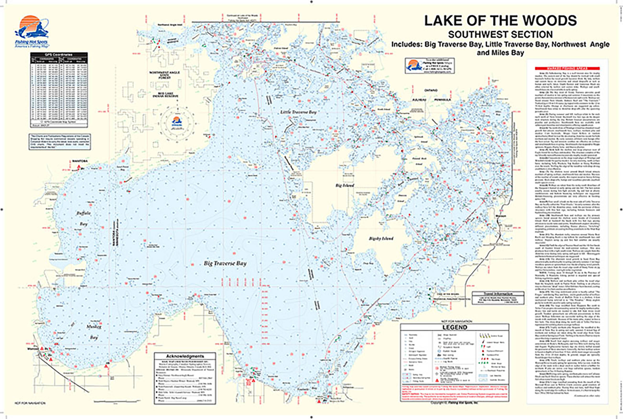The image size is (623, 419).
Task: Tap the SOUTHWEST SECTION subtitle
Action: (500, 35)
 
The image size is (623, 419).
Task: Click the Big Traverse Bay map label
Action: (225, 263)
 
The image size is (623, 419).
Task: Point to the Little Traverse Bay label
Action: (299, 112)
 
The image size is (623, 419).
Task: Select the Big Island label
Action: (345, 185)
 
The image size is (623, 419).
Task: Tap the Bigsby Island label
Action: (381, 238)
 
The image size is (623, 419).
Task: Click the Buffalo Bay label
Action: (84, 218)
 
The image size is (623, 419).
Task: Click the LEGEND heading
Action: (454, 327)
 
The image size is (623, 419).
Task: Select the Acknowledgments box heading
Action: (185, 356)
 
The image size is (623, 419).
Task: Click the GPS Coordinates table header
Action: (59, 54)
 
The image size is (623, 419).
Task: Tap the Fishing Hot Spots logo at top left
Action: (31, 31)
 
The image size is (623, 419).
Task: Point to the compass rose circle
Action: (177, 123)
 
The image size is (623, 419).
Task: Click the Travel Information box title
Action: (498, 293)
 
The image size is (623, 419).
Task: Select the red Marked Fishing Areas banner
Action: (567, 68)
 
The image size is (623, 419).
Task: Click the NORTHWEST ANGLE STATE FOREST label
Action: (164, 75)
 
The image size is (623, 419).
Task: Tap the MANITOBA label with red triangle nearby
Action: (80, 161)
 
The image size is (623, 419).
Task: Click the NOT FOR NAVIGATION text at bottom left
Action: (30, 403)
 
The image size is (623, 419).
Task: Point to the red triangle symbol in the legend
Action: (437, 380)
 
